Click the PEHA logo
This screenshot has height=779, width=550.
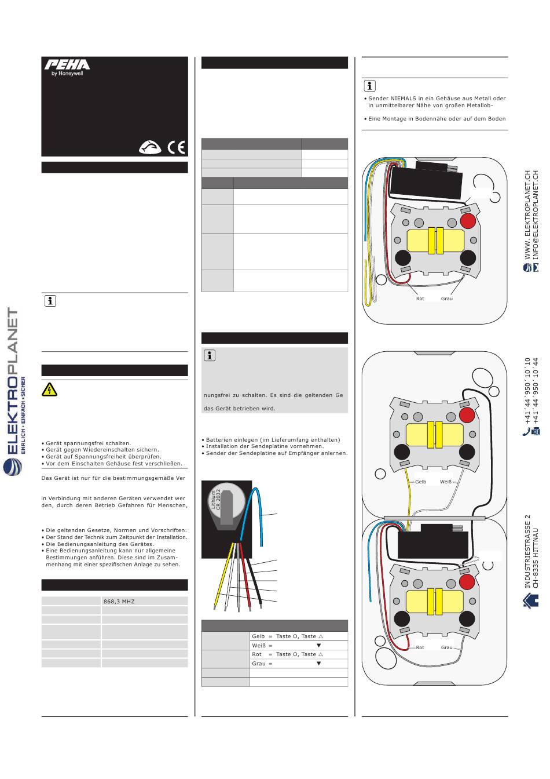(x=67, y=64)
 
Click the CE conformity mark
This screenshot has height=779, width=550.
(x=176, y=147)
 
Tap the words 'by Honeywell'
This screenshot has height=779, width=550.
(x=67, y=74)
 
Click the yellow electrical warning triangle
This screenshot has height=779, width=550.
(x=50, y=389)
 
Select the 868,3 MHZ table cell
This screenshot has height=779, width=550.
(x=145, y=602)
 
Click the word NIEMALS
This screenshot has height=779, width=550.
(x=407, y=99)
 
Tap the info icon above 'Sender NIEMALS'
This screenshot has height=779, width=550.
(x=369, y=86)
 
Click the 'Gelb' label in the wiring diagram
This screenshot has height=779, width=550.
(x=420, y=482)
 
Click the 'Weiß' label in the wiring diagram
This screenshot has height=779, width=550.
(x=446, y=482)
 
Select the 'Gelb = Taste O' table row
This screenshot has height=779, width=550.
(x=299, y=636)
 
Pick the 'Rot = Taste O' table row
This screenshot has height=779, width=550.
(x=299, y=654)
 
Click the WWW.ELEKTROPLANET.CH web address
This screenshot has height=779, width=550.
(x=527, y=215)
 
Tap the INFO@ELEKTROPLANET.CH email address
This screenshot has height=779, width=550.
(x=536, y=215)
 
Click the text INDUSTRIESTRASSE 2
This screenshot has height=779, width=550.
(x=527, y=551)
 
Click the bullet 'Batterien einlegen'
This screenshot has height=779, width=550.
(x=273, y=439)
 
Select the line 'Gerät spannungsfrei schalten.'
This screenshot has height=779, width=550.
(x=88, y=443)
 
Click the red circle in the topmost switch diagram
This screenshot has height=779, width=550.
(x=468, y=221)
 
